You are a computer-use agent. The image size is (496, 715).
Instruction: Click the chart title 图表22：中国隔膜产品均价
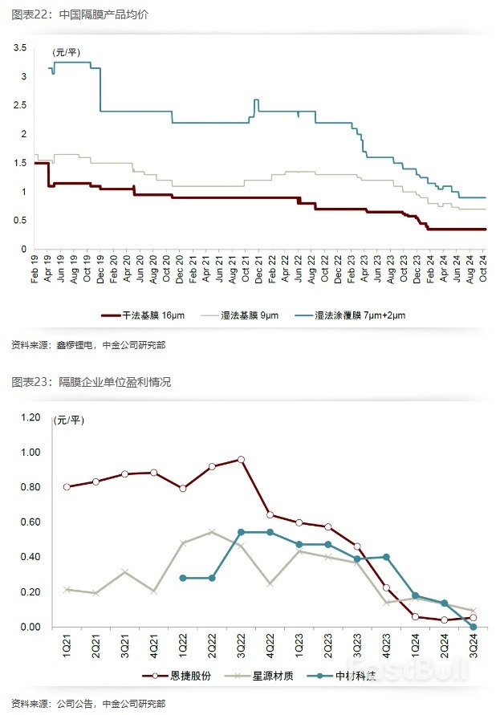[79, 14]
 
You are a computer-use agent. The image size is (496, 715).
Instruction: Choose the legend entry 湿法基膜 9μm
[246, 316]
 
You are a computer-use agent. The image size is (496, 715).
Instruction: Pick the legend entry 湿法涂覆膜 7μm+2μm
[356, 316]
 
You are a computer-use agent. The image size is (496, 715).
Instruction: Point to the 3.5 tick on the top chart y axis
[19, 48]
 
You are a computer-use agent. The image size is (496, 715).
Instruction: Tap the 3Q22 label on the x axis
[240, 647]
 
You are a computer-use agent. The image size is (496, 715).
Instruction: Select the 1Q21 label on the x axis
[67, 647]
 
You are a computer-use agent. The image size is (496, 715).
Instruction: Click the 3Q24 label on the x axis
[473, 647]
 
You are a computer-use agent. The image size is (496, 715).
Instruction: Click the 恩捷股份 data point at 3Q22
[240, 460]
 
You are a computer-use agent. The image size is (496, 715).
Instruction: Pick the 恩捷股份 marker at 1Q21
[67, 487]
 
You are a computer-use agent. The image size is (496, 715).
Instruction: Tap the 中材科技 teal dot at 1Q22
[183, 578]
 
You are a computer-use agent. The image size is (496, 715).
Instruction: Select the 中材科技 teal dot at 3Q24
[473, 627]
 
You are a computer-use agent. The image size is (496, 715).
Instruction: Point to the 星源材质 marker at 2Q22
[212, 531]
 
